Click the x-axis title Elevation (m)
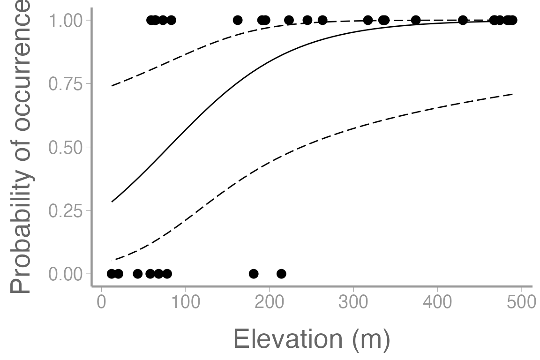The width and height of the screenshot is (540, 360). pyautogui.click(x=311, y=339)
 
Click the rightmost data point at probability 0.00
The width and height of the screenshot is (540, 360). pyautogui.click(x=281, y=274)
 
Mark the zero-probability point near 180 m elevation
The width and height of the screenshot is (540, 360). pyautogui.click(x=254, y=274)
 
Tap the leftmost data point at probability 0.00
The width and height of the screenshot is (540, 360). pyautogui.click(x=111, y=274)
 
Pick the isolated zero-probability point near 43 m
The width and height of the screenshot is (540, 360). pyautogui.click(x=137, y=274)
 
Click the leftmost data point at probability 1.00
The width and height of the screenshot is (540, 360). pyautogui.click(x=150, y=20)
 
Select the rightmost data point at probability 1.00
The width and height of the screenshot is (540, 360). pyautogui.click(x=512, y=20)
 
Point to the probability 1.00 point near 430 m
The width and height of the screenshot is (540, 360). pyautogui.click(x=463, y=20)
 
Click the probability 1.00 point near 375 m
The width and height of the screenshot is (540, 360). pyautogui.click(x=416, y=20)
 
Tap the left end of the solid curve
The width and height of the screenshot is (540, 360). pyautogui.click(x=112, y=202)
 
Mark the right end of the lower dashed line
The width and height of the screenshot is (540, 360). pyautogui.click(x=513, y=94)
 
